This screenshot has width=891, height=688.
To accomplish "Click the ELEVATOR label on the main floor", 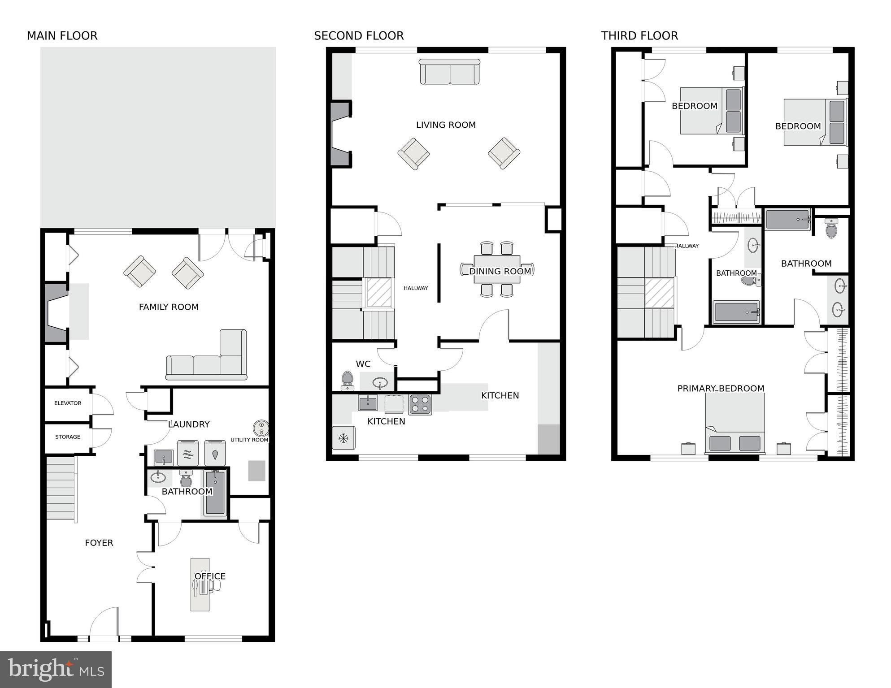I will tap(68, 403).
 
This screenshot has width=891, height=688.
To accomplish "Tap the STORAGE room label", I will tap(68, 437).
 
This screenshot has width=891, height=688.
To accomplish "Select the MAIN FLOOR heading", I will tap(62, 36).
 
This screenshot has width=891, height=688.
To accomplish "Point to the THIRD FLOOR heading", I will tap(639, 36).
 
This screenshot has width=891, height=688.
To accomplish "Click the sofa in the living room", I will tap(449, 72).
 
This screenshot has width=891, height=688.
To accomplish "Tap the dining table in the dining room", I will tap(497, 269).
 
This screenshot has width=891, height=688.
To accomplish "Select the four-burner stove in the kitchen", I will tap(420, 404).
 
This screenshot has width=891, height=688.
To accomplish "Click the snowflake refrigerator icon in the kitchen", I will tap(343, 438).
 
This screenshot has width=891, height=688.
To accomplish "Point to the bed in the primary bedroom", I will tap(735, 424).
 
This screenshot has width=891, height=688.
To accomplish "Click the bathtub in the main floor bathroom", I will tap(215, 492).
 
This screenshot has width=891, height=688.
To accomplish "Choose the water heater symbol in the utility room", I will tap(261, 428).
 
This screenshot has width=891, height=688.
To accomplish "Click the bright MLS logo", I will tap(56, 669).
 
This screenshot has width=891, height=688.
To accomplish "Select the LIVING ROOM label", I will tap(445, 125).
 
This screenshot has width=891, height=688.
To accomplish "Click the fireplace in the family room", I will tap(56, 312).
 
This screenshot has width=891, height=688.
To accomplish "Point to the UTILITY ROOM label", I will tap(249, 440).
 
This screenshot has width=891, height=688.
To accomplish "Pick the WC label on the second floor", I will tap(363, 364).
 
